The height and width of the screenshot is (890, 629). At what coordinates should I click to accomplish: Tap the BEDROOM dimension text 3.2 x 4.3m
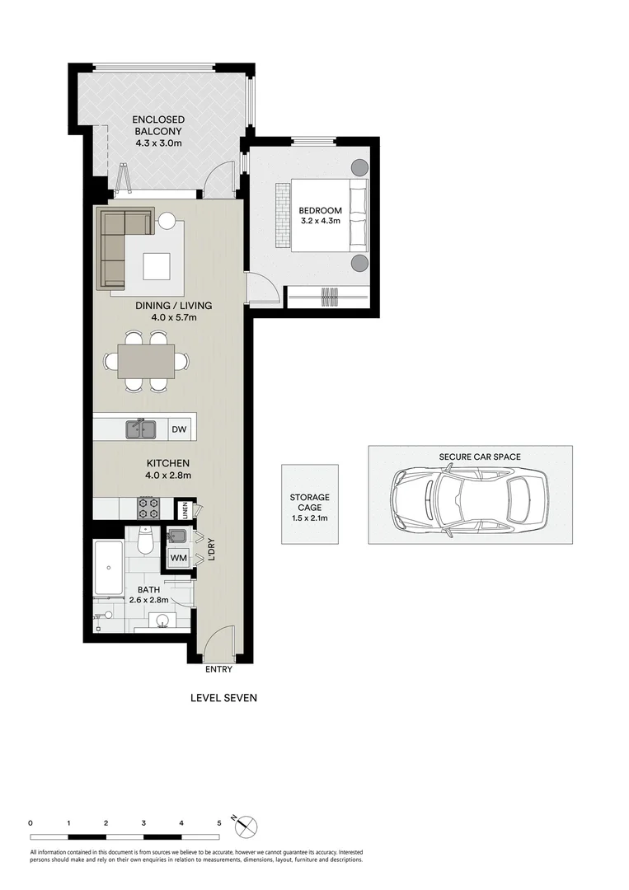320,222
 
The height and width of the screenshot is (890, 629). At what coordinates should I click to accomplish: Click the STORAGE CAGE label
309,503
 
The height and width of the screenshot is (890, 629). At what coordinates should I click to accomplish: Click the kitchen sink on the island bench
142,429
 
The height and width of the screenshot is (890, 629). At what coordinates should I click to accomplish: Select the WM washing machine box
178,558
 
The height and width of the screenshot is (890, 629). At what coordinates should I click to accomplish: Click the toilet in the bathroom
145,541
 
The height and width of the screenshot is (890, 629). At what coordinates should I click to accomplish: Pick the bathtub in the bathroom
109,568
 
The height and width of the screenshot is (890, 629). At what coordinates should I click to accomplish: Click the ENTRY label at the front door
219,669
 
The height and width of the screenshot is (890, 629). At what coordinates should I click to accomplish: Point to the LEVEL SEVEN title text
223,698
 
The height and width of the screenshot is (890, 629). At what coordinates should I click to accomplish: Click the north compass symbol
247,825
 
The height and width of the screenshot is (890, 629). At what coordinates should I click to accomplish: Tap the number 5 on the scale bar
219,822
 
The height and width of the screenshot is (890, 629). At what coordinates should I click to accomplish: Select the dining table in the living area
146,361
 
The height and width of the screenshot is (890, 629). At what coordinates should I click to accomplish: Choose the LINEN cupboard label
185,511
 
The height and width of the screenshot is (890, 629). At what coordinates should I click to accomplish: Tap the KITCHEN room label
167,463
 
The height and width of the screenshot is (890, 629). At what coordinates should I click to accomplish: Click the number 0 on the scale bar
31,822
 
